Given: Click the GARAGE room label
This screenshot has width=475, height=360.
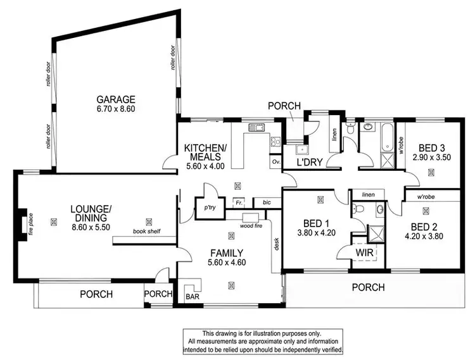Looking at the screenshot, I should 116,99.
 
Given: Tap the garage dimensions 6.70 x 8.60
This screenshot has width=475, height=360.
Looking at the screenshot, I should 116,109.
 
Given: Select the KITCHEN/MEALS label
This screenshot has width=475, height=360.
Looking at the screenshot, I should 203,152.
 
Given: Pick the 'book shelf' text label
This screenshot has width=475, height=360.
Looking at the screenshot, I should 146,232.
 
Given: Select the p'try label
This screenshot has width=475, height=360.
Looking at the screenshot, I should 206,206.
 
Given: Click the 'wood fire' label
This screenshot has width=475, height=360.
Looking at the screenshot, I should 252,225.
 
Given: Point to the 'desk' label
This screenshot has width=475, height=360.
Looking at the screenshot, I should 277,243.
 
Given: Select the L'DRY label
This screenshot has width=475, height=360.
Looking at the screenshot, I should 311,163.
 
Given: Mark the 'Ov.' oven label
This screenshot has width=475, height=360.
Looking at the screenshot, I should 276,162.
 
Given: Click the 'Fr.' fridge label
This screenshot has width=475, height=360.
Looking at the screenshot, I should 239,203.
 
